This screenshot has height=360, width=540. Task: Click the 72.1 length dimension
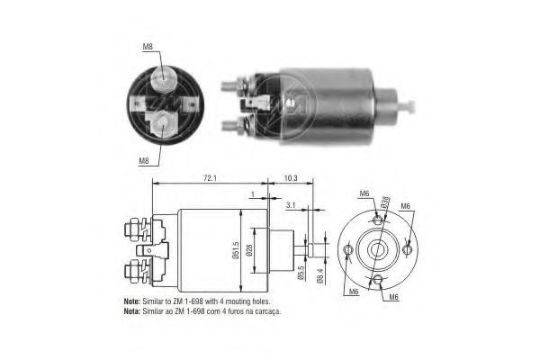point(209,179)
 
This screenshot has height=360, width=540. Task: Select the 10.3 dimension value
point(291,179)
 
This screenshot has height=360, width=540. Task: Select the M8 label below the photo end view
point(144,161)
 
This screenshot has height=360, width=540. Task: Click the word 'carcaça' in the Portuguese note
point(266,311)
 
